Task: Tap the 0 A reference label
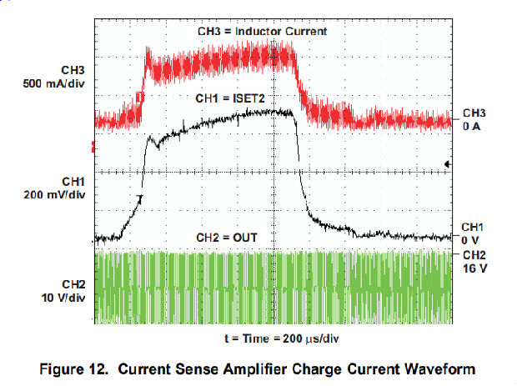(471, 127)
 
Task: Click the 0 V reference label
(471, 239)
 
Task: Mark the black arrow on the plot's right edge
(449, 165)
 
